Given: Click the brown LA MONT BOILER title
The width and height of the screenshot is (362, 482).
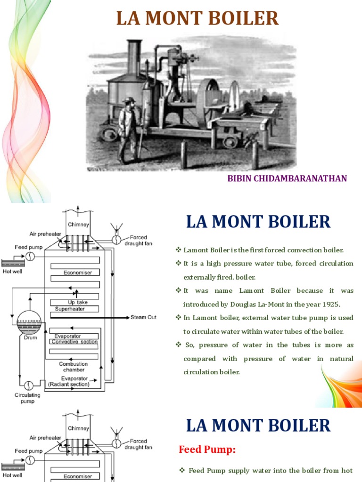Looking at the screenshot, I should [197, 18].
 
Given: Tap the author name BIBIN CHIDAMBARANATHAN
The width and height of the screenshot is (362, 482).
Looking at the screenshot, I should [287, 178].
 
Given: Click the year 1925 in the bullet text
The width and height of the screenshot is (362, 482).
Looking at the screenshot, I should [332, 304].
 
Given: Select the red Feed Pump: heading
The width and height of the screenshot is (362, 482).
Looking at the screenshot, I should [207, 450].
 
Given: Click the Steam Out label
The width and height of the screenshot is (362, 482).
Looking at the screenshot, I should [144, 317].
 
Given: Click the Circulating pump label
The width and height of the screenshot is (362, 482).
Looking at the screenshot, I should [27, 398].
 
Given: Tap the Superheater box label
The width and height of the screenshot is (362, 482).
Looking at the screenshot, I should [69, 309].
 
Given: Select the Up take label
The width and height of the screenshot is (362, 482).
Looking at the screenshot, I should [78, 302].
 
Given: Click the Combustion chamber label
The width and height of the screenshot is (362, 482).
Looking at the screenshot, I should [73, 367].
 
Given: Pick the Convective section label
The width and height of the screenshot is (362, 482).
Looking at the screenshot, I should [74, 342].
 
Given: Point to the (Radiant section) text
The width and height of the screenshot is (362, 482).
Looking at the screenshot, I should [69, 384].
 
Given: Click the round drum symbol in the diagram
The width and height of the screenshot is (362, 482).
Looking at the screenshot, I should [29, 320].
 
